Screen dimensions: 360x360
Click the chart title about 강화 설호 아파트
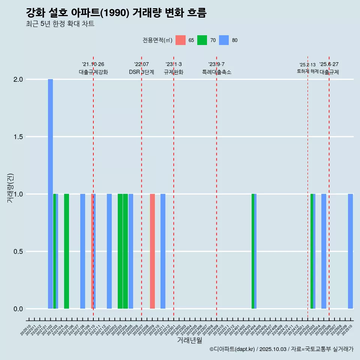tap(116, 13)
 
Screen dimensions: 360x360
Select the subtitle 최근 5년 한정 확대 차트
tap(60, 24)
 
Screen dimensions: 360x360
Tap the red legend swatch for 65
tap(180, 40)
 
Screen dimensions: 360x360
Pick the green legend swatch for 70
tap(202, 40)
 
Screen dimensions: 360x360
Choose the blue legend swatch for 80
tap(224, 40)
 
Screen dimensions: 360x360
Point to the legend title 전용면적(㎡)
tap(157, 40)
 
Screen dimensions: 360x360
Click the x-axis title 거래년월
tap(189, 340)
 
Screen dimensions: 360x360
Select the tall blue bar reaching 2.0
tap(50, 194)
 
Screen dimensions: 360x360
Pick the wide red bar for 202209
tap(152, 251)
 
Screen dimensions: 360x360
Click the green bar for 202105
tap(66, 251)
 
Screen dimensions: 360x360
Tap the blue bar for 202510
tap(350, 251)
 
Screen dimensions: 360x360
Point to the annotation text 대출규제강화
tap(93, 72)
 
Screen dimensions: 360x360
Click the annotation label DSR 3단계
tap(142, 72)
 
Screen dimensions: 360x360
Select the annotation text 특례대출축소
tap(217, 72)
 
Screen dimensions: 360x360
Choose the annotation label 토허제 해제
tap(307, 71)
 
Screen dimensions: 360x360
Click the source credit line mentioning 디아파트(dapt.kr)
tap(281, 349)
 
